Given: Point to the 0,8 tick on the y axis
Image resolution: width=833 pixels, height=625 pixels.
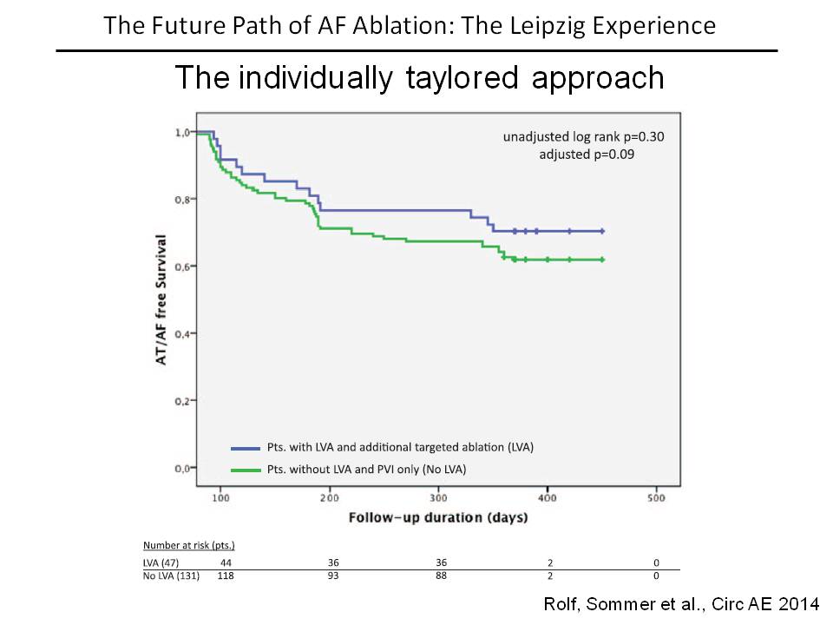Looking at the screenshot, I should (182, 200).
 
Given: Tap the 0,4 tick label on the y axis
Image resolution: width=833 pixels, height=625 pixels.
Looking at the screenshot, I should (182, 334).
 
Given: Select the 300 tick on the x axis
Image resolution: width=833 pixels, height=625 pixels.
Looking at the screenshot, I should (438, 499).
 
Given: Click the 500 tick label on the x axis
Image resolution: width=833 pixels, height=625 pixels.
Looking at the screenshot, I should (656, 499).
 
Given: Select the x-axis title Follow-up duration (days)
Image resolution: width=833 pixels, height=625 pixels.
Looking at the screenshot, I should (438, 518).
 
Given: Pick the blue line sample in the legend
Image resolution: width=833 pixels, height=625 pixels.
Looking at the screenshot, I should (246, 448).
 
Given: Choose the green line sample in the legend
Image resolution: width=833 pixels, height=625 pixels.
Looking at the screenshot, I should (246, 470).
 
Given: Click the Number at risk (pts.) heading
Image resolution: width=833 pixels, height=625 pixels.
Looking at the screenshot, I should (189, 546).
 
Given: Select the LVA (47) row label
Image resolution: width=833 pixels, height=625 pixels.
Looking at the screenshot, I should (162, 562).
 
